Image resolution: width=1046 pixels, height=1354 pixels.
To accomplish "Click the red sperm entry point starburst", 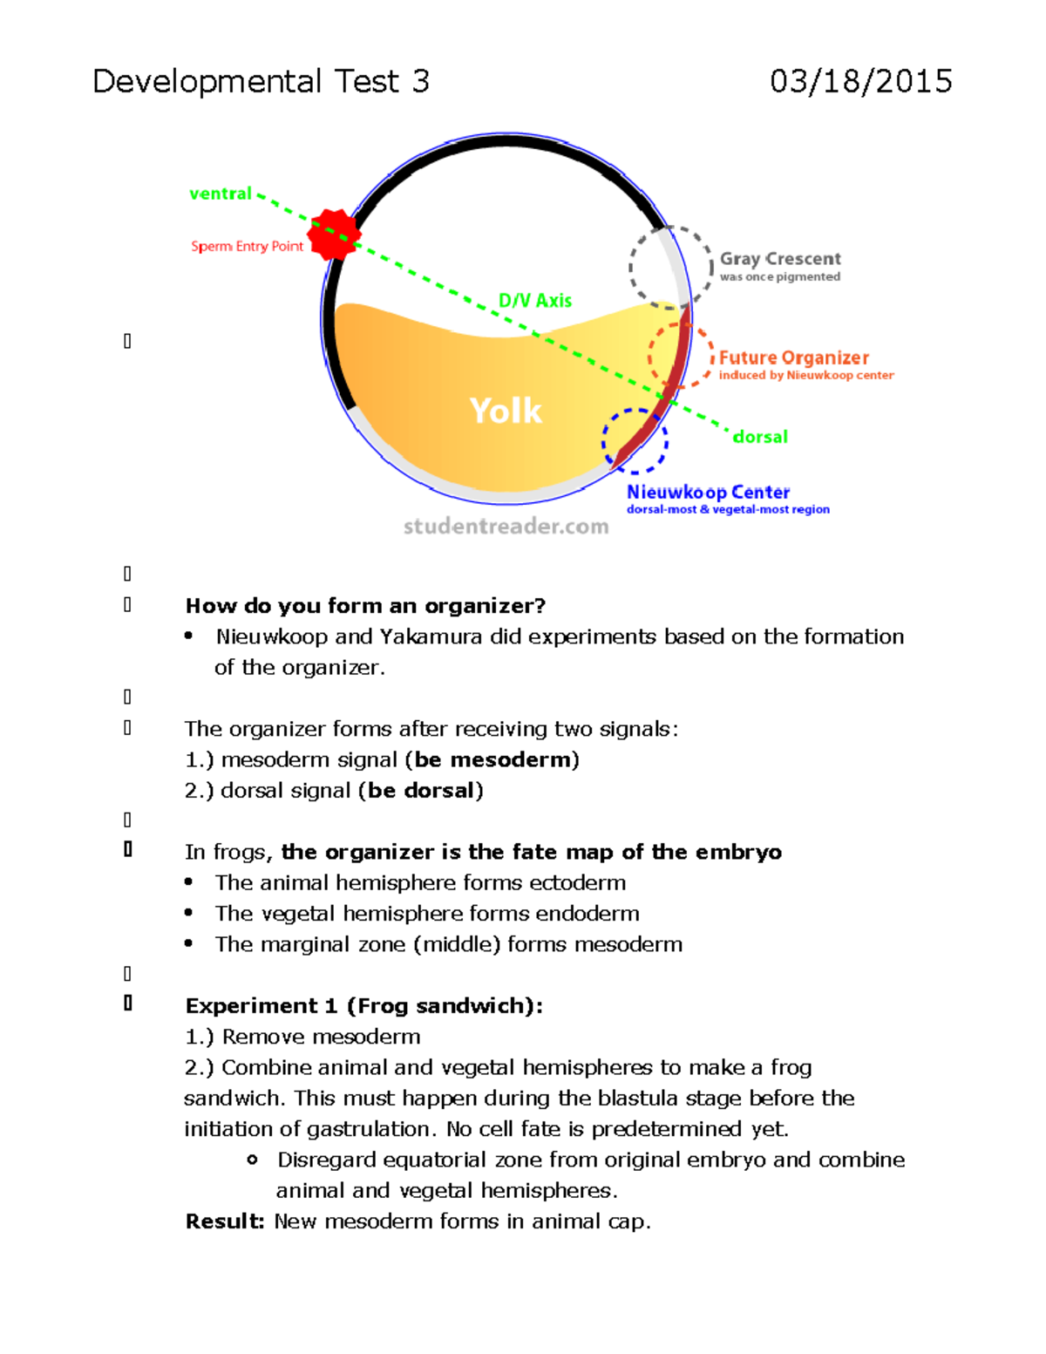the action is [x=333, y=235].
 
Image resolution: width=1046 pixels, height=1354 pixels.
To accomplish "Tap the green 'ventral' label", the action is [x=221, y=194].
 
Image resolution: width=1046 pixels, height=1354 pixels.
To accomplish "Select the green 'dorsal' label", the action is [x=760, y=437].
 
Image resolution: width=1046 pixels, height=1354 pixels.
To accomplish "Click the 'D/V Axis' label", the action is [x=535, y=301].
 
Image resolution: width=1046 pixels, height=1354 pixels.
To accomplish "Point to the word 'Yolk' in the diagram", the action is [x=506, y=411].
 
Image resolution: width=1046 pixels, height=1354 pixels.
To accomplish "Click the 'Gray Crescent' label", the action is [x=780, y=259].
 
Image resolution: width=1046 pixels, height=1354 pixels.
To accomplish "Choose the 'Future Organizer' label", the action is [x=794, y=357].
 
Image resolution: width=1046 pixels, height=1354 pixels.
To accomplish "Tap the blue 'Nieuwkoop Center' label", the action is [x=708, y=493].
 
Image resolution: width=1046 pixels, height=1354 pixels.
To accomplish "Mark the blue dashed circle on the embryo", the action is [x=605, y=440].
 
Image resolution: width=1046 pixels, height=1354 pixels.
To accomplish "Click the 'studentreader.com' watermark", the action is [x=506, y=527].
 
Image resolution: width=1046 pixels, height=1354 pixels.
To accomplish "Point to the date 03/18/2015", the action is [x=860, y=82].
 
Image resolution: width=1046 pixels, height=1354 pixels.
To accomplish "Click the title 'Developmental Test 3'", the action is [x=261, y=82].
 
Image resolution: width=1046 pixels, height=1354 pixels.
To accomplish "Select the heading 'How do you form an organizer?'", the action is [x=365, y=606].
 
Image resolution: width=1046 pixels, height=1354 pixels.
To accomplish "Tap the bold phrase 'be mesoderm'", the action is [x=492, y=759].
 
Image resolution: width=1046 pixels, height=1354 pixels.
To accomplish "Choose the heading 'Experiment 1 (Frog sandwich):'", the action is [x=363, y=1006].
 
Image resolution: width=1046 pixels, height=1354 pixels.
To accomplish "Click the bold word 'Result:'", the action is [x=224, y=1221].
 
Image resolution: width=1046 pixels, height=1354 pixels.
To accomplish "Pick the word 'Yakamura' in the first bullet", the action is [x=431, y=637].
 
